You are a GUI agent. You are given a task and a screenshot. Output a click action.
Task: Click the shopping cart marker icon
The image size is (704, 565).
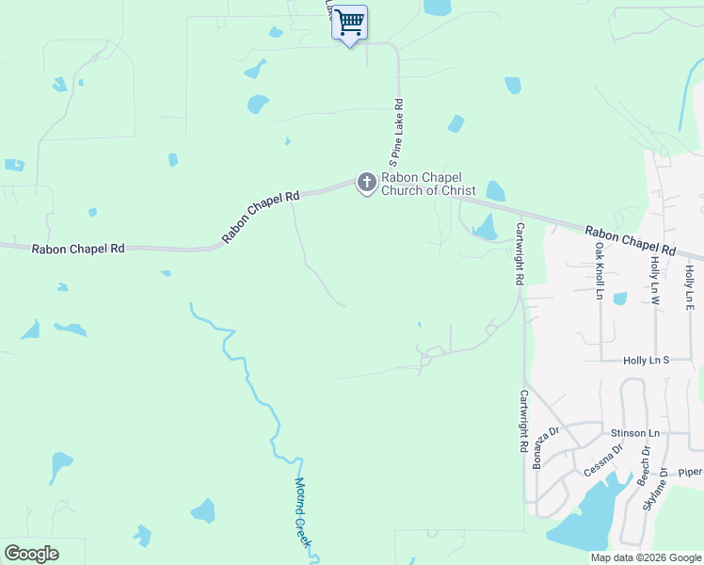349,22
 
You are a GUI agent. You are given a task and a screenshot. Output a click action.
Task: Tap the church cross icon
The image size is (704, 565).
366,182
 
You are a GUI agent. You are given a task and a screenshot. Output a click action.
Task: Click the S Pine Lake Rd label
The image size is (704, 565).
398,130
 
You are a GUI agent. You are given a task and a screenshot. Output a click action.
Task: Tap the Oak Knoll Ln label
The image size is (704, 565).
599,271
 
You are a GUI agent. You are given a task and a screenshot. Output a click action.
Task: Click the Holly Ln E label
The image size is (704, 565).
690,287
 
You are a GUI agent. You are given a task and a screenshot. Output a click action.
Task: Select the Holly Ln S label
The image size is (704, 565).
646,361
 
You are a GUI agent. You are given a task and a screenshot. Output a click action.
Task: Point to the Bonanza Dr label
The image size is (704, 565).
547,446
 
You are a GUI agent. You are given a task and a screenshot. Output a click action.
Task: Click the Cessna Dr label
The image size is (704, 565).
603,460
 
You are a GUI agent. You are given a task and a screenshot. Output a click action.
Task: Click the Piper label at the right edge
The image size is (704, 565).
690,473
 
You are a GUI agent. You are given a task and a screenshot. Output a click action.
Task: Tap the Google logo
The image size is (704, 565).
32,554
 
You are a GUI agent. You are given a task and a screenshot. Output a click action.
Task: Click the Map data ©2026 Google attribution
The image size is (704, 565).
646,557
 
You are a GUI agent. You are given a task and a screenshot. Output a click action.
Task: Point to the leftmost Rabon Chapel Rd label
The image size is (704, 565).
78,250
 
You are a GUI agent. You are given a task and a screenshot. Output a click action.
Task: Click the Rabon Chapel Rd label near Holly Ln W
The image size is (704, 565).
630,241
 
